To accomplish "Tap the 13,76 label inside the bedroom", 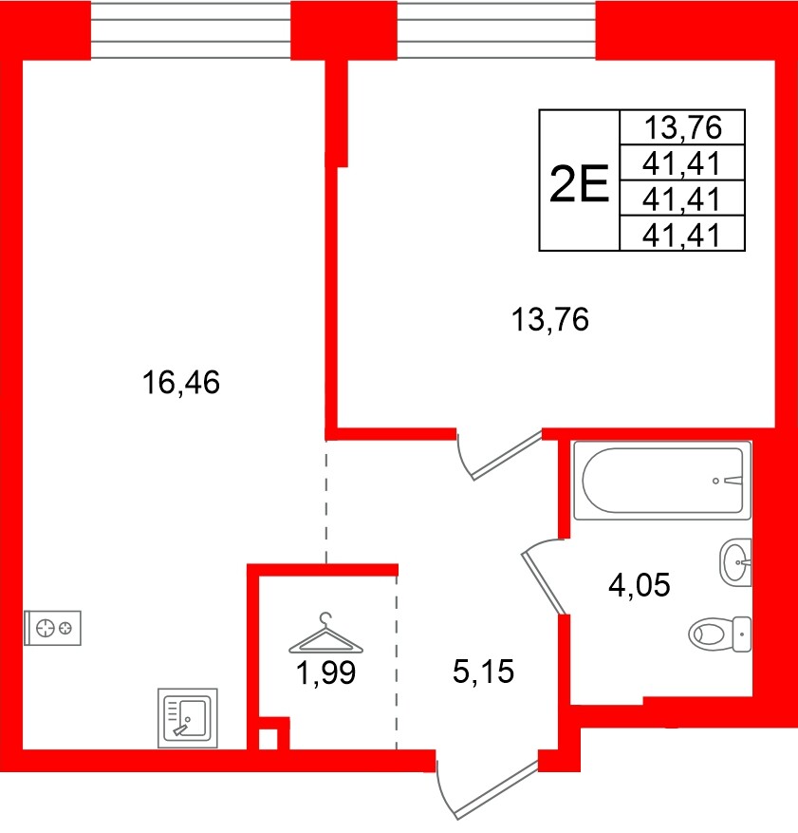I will point(550,321).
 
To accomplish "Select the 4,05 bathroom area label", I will point(639,584).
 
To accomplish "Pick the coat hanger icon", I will point(325,632).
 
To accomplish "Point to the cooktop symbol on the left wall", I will point(53,628).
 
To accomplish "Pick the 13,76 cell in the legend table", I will point(682,125).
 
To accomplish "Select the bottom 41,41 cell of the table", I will point(682,234).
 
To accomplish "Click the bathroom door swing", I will point(543,574).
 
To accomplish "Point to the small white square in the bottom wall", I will point(269,738).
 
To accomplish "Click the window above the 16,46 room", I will point(190,28).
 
